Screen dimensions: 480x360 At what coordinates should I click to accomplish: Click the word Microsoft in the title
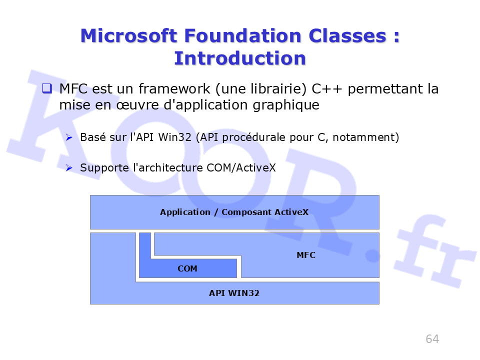click(x=129, y=36)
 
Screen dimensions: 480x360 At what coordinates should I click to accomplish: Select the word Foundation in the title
click(x=243, y=36)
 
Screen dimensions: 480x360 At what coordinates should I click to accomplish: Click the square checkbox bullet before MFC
click(x=47, y=88)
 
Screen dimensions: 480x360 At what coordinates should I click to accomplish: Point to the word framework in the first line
click(x=174, y=89)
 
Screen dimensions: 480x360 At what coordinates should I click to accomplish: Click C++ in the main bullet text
click(x=326, y=89)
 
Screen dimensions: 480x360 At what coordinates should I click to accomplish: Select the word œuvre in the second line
click(x=137, y=105)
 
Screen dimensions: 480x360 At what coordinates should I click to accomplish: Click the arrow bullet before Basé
click(x=69, y=137)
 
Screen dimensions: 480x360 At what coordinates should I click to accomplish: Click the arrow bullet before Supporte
click(x=69, y=168)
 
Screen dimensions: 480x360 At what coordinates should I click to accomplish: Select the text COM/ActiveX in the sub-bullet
click(x=241, y=168)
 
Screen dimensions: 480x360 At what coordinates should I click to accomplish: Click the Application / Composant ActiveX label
click(x=234, y=212)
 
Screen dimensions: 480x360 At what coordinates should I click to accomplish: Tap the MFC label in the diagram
click(x=306, y=255)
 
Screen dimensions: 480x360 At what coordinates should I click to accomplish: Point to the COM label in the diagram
click(x=187, y=268)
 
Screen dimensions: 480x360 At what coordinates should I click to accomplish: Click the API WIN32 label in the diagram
click(x=234, y=293)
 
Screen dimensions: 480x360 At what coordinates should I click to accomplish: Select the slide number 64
click(x=432, y=339)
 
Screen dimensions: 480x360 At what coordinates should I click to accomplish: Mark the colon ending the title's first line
click(x=396, y=36)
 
